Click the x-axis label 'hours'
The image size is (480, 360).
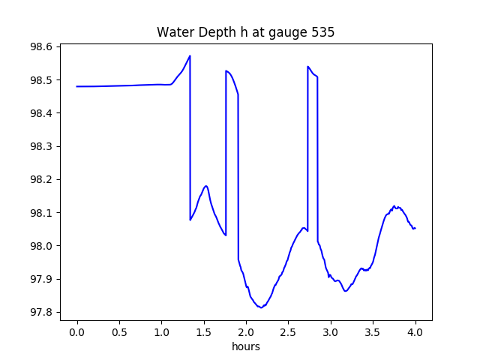tap(246, 347)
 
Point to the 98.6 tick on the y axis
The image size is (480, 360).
tap(42, 46)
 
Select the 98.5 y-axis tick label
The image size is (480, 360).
tap(42, 80)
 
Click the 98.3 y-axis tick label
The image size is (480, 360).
tap(42, 146)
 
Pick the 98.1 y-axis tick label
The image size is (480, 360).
tap(42, 213)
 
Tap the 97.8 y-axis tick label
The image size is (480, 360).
tap(42, 312)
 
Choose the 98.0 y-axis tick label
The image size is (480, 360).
tap(42, 246)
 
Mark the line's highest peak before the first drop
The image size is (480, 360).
tap(190, 55)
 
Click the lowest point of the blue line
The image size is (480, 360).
tap(261, 307)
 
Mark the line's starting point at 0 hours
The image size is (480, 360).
tap(77, 86)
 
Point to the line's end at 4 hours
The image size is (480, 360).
tap(415, 228)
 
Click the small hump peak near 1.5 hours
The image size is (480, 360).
tap(205, 186)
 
